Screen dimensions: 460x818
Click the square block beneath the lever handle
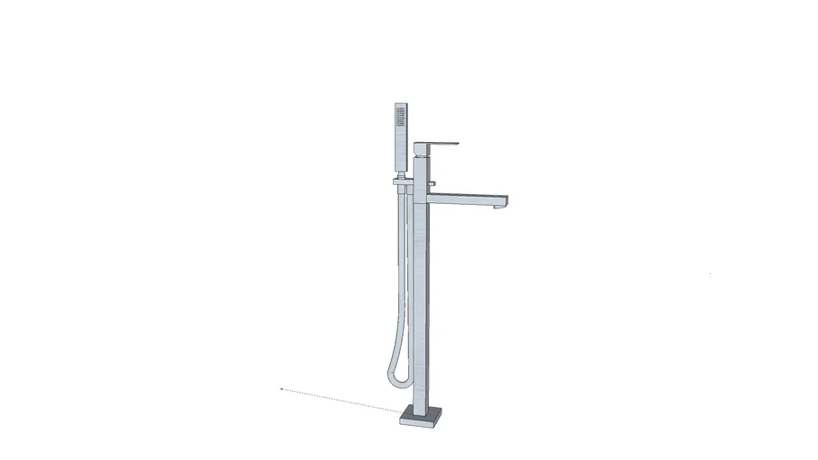(422, 151)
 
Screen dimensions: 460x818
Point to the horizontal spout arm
(467, 199)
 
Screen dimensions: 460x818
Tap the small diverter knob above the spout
(431, 185)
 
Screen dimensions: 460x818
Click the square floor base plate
(422, 416)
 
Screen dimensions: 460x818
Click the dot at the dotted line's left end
(281, 389)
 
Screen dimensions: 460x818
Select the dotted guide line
(342, 401)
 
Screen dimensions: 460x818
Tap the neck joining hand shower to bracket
(400, 174)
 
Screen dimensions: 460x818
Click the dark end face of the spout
(507, 200)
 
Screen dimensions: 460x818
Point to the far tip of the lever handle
(457, 143)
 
